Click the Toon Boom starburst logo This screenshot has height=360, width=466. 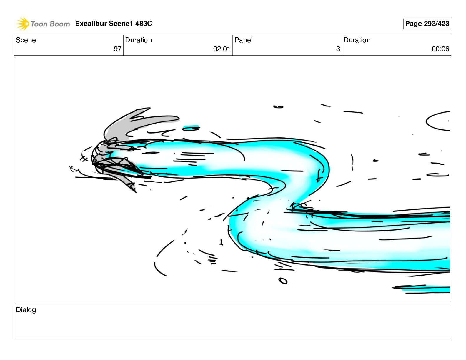(22, 24)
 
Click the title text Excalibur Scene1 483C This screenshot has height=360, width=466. (114, 23)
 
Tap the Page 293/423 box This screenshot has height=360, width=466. (427, 24)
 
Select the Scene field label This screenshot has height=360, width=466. (26, 40)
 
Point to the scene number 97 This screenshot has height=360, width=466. (117, 49)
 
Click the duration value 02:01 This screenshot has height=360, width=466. (222, 49)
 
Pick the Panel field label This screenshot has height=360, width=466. (243, 40)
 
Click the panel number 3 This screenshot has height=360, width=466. (338, 49)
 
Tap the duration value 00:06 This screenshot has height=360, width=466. (440, 49)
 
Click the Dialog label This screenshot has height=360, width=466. (26, 310)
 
